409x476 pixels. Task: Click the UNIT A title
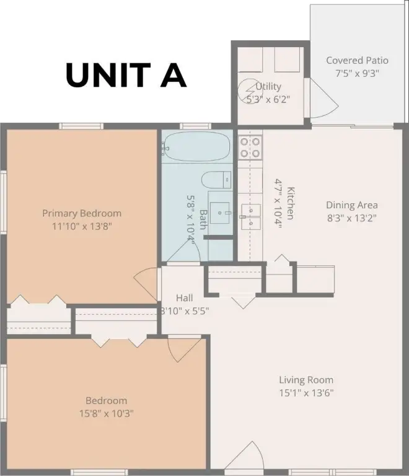tap(126, 75)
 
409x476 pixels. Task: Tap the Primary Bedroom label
tap(82, 213)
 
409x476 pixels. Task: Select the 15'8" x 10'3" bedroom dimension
tap(106, 413)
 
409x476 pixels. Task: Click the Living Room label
tap(306, 380)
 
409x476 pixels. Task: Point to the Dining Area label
tap(351, 205)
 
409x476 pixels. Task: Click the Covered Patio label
tap(357, 60)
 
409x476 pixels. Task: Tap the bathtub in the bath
tap(196, 147)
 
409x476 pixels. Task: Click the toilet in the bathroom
tap(216, 180)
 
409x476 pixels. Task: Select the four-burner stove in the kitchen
tap(250, 148)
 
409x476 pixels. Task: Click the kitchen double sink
tap(251, 217)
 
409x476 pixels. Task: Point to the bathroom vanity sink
tap(219, 213)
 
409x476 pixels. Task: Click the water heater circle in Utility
tap(248, 90)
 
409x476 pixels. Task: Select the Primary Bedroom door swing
tap(146, 284)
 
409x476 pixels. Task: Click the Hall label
tap(185, 297)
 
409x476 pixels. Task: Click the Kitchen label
tap(291, 203)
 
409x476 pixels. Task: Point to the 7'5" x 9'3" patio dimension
tap(357, 73)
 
